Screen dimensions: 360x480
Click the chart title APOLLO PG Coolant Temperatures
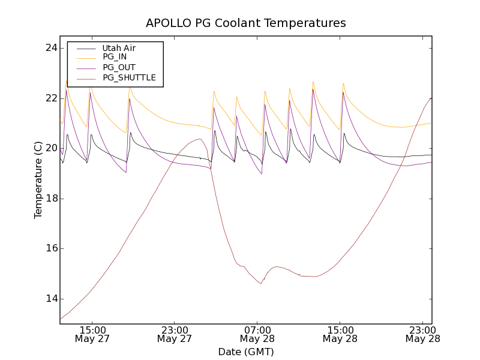(246, 23)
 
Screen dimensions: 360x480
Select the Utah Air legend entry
(119, 48)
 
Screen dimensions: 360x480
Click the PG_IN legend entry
(115, 57)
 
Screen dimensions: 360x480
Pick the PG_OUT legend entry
(119, 67)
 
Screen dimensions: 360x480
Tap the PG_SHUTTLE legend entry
(129, 77)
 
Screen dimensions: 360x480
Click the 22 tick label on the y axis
(50, 98)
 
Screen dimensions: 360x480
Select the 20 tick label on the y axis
(50, 148)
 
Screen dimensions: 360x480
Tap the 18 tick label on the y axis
(50, 199)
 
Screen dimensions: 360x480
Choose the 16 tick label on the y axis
(50, 248)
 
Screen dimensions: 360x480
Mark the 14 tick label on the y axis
(50, 299)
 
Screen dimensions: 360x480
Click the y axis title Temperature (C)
(38, 180)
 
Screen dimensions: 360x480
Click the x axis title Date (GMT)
(246, 352)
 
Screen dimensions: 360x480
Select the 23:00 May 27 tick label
(175, 334)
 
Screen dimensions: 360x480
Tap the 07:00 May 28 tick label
(257, 334)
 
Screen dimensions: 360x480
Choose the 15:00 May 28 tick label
(340, 334)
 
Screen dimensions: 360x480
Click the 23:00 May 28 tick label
(422, 334)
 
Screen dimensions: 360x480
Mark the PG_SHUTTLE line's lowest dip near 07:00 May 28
(261, 283)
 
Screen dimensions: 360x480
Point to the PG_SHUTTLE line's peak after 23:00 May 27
(200, 139)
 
